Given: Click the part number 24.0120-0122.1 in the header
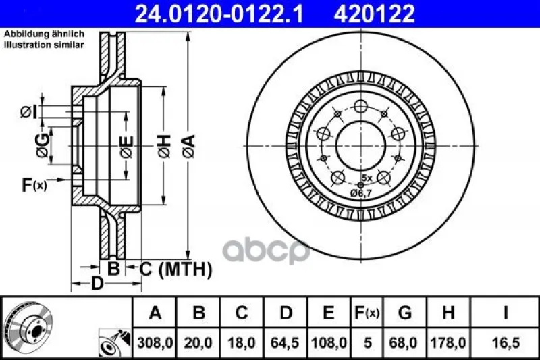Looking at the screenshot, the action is point(219,14).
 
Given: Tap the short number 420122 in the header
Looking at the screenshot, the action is point(375,14).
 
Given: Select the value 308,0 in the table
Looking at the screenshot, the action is point(155,342).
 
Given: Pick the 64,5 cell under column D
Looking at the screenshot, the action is point(285,342).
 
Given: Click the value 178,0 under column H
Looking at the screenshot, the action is point(448,342).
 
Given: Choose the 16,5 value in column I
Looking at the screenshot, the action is point(506,342).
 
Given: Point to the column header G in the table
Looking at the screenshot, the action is point(404,313).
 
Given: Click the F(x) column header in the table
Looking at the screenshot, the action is point(367,313).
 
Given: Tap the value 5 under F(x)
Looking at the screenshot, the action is point(368,342).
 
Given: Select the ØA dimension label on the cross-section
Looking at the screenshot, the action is point(189,146).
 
